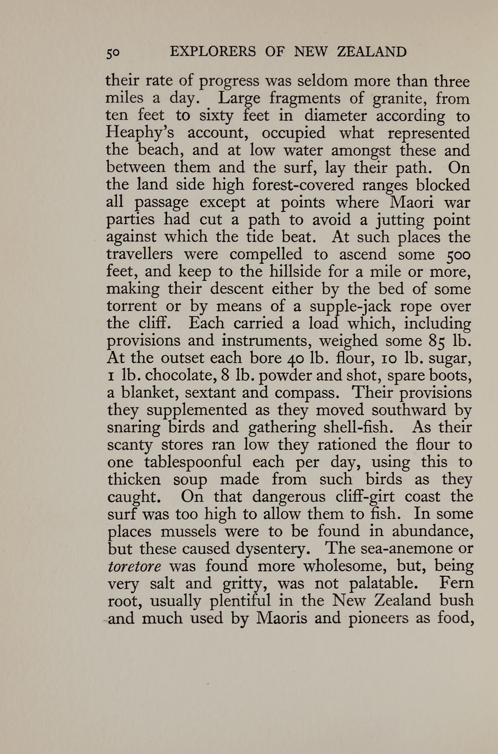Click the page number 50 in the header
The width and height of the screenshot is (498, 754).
113,53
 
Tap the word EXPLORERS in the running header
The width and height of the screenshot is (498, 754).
213,51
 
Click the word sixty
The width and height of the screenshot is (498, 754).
216,116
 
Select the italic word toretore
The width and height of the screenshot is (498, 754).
134,566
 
